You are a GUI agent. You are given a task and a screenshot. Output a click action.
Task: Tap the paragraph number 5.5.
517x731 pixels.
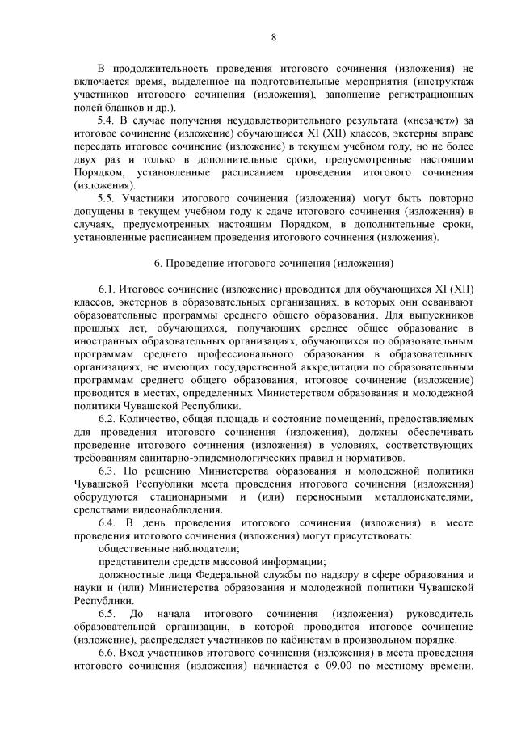click(x=107, y=198)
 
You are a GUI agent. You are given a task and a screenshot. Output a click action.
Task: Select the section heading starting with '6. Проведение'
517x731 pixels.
click(x=274, y=264)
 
